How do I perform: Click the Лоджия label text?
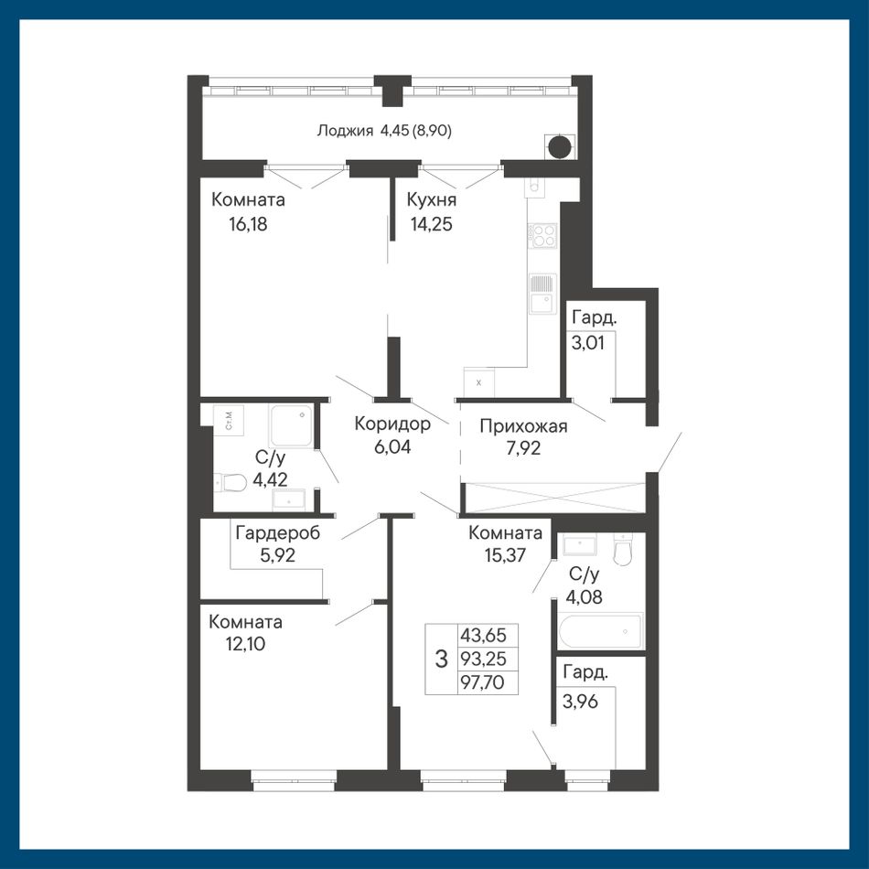pyautogui.click(x=344, y=131)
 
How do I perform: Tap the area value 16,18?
pyautogui.click(x=248, y=224)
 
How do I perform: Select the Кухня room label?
pyautogui.click(x=431, y=199)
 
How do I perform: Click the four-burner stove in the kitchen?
pyautogui.click(x=543, y=234)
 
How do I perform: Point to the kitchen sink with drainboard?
pyautogui.click(x=542, y=294)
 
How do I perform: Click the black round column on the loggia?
pyautogui.click(x=559, y=146)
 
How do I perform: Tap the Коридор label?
pyautogui.click(x=392, y=424)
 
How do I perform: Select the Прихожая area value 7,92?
pyautogui.click(x=523, y=448)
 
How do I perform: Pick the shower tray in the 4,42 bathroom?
pyautogui.click(x=291, y=426)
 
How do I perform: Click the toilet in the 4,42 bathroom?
pyautogui.click(x=230, y=483)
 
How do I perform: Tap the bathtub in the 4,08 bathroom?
pyautogui.click(x=601, y=630)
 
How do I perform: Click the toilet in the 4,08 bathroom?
pyautogui.click(x=624, y=550)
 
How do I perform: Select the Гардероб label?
pyautogui.click(x=278, y=533)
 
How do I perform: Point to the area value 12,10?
pyautogui.click(x=245, y=644)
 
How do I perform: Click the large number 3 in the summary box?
pyautogui.click(x=441, y=659)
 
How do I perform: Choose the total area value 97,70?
pyautogui.click(x=482, y=682)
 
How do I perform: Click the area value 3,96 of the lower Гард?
pyautogui.click(x=580, y=702)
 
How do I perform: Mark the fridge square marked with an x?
pyautogui.click(x=478, y=382)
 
